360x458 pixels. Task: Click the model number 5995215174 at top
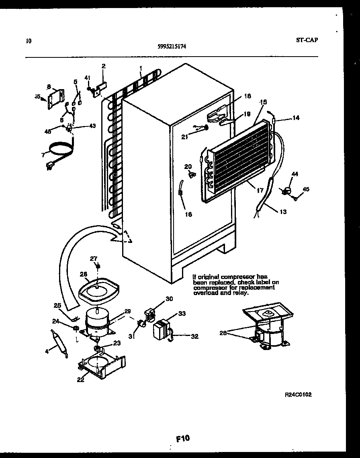click(172, 46)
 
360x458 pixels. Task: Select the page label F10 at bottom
click(182, 438)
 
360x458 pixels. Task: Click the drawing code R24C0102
click(298, 395)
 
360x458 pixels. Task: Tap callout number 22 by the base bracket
click(81, 380)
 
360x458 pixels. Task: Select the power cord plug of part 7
click(51, 164)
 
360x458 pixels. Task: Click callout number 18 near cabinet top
click(247, 96)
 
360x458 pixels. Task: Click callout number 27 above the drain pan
click(93, 258)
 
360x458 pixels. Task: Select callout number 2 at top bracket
click(103, 66)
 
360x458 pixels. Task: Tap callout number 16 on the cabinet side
click(188, 214)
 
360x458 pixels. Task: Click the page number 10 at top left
click(28, 41)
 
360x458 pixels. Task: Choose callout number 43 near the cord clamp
click(92, 126)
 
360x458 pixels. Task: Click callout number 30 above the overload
click(169, 298)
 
